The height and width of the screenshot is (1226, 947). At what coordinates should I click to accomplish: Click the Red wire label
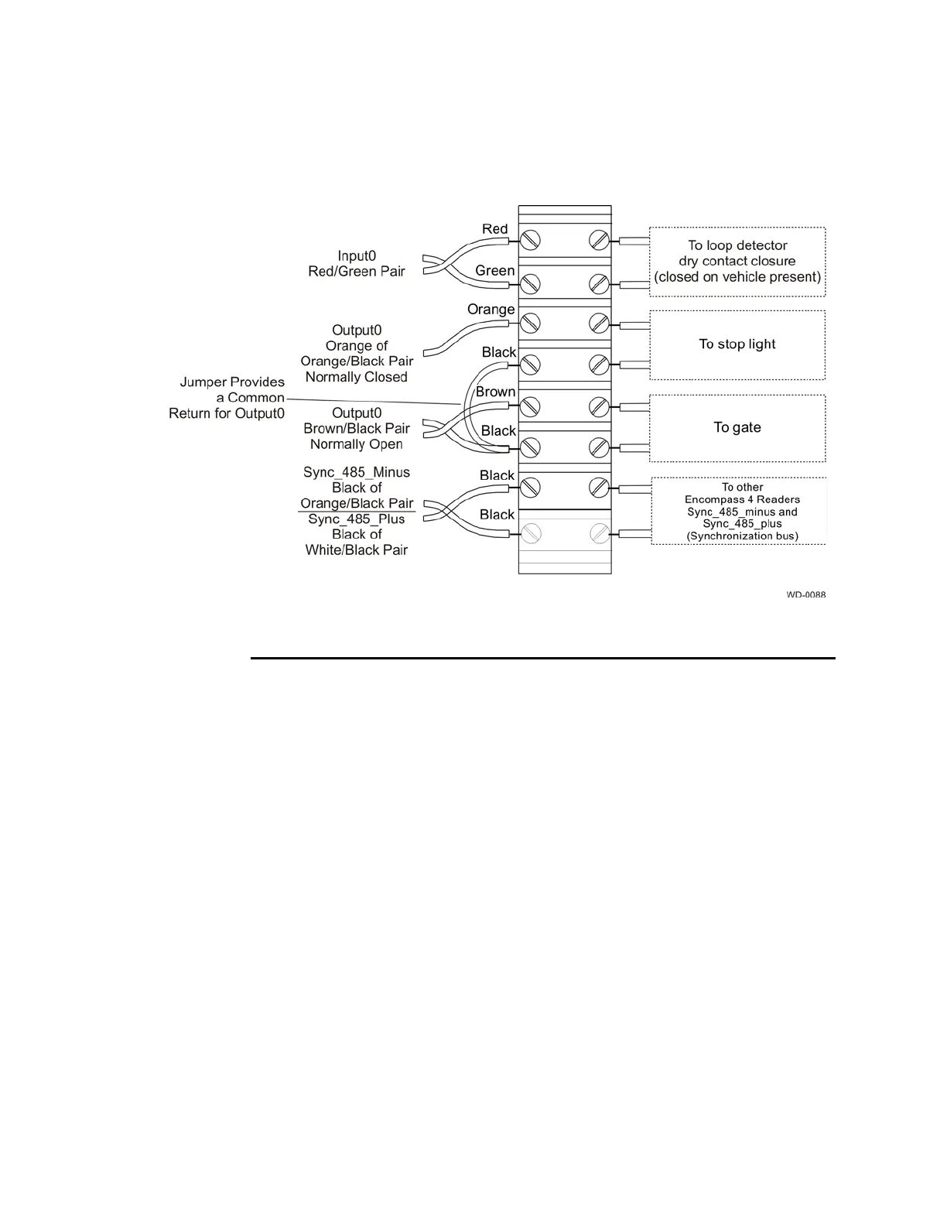coord(494,229)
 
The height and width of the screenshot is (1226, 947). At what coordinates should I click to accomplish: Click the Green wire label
coord(494,271)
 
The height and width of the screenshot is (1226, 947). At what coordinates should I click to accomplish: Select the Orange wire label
coord(491,310)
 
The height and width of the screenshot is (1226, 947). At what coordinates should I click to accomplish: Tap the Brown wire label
coord(495,392)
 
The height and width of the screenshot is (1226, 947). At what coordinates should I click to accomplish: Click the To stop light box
coord(737,344)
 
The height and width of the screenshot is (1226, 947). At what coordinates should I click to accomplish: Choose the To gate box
coord(737,428)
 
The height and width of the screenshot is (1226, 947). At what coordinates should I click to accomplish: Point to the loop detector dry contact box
coord(737,262)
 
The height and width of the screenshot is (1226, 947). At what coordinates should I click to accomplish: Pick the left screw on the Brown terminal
coord(530,406)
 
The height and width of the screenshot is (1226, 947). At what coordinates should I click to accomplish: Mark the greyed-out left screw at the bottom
coord(530,533)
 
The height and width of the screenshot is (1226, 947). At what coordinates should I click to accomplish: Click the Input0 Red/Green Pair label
coord(357,264)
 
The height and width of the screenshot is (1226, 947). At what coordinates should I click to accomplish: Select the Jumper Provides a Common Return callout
coord(227,398)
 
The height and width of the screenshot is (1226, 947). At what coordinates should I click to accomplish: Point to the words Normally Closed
coord(356,377)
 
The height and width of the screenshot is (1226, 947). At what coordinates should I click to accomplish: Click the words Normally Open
coord(356,444)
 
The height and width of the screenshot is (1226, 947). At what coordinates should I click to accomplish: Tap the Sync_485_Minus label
coord(357,472)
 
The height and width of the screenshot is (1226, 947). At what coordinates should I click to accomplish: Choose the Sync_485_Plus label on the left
coord(357,519)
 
